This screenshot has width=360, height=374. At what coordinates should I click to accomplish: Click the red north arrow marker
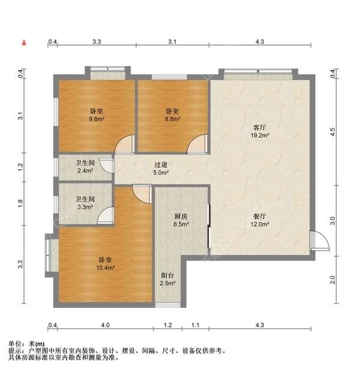pos(24,43)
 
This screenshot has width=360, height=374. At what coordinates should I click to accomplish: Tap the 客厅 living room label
pos(260,127)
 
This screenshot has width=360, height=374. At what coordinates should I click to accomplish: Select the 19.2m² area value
pos(260,136)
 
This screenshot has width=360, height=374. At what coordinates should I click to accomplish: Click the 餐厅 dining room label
pos(260,216)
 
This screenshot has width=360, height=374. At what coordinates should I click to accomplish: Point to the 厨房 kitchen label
pos(181,216)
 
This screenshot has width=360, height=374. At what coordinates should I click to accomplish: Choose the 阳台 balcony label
pos(167,276)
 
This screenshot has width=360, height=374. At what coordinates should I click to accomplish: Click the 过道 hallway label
pos(161,164)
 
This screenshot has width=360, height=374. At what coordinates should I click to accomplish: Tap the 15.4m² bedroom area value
pos(106,268)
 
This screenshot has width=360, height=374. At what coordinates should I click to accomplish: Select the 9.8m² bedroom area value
pos(97,119)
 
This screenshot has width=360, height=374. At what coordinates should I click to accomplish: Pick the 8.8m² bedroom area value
pos(172,119)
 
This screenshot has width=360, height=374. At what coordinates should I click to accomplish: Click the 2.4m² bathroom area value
pos(85,170)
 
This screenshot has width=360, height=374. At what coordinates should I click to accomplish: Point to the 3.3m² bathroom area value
pos(85,207)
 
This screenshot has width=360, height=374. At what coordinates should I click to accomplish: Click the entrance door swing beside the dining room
pos(320,241)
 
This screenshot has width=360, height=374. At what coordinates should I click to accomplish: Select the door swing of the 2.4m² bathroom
pos(106,164)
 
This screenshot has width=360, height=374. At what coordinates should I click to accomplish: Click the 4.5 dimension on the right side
pos(333,132)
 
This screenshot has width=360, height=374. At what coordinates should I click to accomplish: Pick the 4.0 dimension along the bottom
pos(105,325)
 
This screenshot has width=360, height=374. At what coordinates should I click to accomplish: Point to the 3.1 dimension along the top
pos(172,42)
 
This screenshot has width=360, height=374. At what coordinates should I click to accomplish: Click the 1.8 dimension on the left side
pos(20,204)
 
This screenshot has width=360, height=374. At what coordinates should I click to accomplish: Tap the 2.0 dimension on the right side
pos(333,280)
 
